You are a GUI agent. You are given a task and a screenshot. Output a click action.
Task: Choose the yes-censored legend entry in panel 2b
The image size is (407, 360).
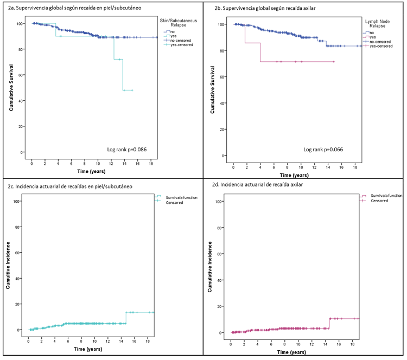tap(380, 47)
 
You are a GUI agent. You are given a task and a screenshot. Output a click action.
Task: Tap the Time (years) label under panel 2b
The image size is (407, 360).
tap(293, 175)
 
